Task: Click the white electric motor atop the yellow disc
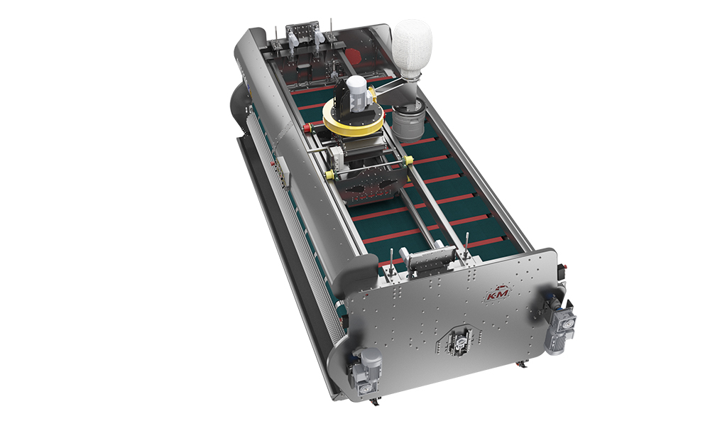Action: pyautogui.click(x=356, y=93)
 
